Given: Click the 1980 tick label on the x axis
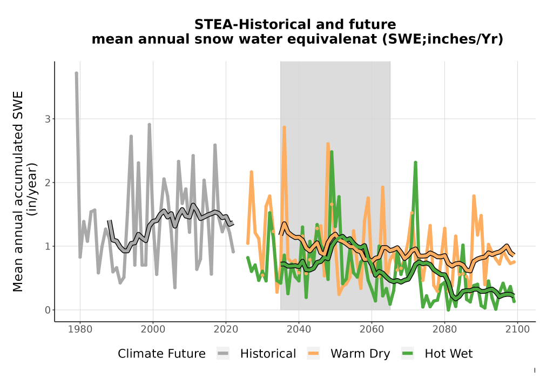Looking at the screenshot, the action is point(80,329).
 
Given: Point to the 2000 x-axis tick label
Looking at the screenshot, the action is point(153,329).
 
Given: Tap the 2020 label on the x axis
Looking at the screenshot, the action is point(226,329).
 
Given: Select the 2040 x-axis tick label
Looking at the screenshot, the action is point(299,329).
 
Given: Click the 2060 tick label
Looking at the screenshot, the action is point(372,329).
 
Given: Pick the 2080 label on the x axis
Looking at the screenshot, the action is point(444,329).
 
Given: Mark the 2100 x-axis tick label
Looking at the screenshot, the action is point(518,329).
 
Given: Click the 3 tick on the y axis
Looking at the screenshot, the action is point(48,119).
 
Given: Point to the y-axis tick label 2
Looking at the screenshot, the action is point(48,183).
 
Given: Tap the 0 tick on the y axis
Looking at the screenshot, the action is point(48,310).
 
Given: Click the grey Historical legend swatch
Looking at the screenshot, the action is point(223,354).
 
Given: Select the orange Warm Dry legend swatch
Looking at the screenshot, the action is point(313,354).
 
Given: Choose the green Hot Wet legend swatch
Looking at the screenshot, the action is point(407,354).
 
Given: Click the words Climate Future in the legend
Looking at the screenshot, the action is point(161,354).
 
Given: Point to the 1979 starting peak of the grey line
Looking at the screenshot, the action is point(77,73).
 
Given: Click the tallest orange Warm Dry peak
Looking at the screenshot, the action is point(285,127).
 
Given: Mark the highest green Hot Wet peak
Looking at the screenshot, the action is point(332,152).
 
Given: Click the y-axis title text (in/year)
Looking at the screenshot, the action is point(33,189).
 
